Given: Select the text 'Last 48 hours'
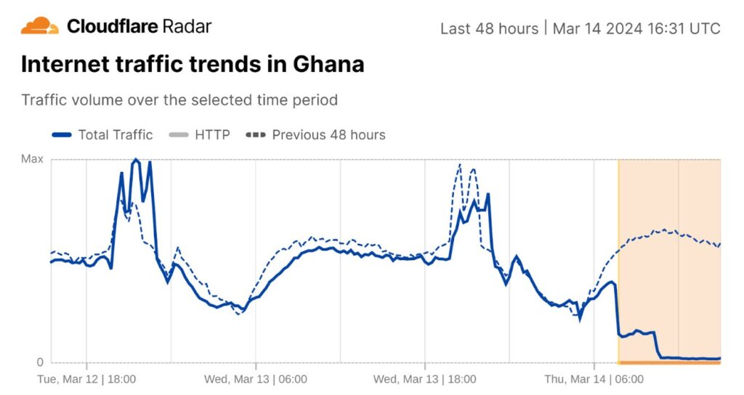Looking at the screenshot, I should click(x=489, y=28).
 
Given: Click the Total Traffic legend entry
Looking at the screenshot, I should click(x=103, y=134).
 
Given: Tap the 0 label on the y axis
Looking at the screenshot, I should click(x=40, y=362).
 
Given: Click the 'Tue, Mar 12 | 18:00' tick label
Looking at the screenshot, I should click(x=87, y=379).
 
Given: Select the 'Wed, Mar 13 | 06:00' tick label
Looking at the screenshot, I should click(x=255, y=379).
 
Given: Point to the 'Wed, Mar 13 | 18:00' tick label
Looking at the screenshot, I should click(x=425, y=379).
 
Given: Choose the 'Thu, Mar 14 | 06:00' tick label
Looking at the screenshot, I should click(x=594, y=379).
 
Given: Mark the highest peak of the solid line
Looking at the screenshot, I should click(x=135, y=160).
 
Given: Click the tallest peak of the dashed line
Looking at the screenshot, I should click(x=459, y=165).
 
